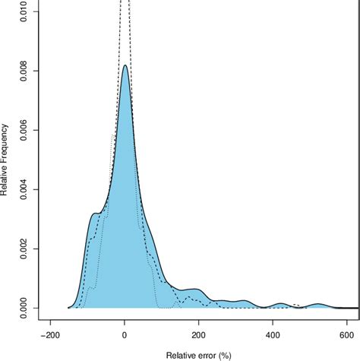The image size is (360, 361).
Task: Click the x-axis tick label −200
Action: coord(49,334)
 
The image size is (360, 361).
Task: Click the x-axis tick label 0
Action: coord(124,334)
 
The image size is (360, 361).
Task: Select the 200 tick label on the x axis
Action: coord(198,334)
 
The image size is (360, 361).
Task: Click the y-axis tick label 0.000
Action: coord(27,308)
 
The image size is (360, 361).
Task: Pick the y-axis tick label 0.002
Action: coord(27,249)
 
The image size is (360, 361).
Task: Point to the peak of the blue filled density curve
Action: coord(125,65)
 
